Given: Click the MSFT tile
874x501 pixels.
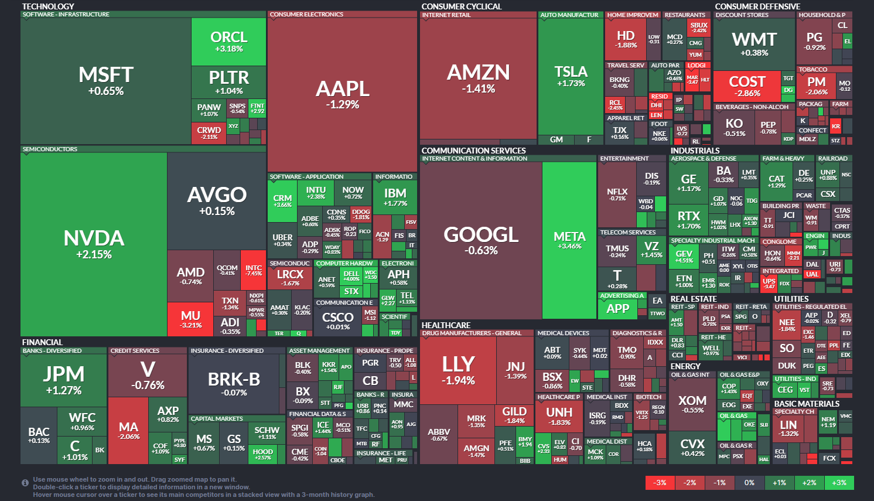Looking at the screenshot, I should [106, 81].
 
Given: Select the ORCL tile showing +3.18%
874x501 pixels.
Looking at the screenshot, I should [228, 42].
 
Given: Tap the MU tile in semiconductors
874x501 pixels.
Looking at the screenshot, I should [190, 319].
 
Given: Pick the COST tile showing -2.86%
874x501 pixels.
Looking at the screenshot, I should [747, 86].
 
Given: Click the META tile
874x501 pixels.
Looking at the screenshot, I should [569, 240].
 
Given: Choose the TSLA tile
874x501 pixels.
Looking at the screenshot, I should [571, 76].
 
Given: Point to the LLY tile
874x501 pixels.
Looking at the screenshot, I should [458, 369].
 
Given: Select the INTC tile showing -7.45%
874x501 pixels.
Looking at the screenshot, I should [254, 270].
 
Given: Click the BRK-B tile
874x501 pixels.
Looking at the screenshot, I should [234, 384].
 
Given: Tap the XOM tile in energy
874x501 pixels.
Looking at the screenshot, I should [692, 404].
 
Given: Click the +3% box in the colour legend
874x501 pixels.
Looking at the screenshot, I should [839, 483].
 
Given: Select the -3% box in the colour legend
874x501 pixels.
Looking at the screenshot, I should [660, 483].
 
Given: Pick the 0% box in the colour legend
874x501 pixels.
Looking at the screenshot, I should [749, 483].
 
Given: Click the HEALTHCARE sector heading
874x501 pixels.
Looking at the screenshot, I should [446, 325].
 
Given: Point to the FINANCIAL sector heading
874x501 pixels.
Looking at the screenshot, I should [42, 342].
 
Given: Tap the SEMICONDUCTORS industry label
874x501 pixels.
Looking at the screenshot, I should [50, 149].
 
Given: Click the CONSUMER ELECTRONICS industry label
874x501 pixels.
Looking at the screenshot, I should [306, 15].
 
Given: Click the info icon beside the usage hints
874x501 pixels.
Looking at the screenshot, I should [25, 483].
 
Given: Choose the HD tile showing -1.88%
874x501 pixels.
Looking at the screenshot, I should [626, 39].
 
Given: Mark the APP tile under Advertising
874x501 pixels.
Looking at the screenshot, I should [617, 309].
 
